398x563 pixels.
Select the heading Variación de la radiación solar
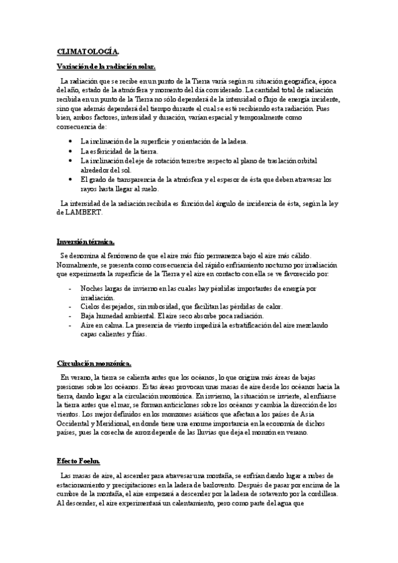tap(106, 66)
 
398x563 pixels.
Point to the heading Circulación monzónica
tap(94, 362)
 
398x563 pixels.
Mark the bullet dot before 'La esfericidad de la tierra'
tap(71, 151)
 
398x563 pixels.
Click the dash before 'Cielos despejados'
tap(71, 307)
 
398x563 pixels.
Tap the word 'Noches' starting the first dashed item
tap(92, 289)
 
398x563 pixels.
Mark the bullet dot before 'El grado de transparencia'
tap(71, 179)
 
